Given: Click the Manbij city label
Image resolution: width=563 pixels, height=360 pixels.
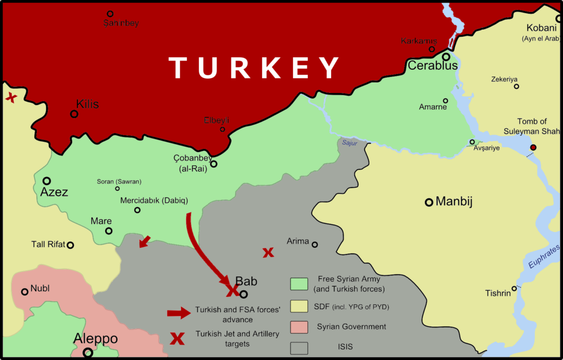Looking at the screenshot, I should [454, 202].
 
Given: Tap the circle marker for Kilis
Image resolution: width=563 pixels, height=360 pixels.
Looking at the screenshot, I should [74, 114].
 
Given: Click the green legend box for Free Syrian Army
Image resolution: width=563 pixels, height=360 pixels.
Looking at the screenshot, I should [299, 284].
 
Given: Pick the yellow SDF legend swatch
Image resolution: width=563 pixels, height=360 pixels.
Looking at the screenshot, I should [299, 306].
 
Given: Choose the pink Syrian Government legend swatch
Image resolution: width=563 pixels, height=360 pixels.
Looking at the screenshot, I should [299, 327].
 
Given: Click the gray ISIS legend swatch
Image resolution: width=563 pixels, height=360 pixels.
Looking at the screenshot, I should [299, 347].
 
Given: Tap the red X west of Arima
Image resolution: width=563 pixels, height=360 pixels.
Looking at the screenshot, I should [268, 252].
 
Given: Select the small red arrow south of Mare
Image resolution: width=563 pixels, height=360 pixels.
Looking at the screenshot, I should [145, 242].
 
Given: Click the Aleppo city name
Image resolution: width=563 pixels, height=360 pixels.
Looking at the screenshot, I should [96, 339].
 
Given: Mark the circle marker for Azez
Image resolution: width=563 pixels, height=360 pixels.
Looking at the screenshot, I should [47, 181].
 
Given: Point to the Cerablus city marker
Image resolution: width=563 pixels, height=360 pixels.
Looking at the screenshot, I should [446, 57].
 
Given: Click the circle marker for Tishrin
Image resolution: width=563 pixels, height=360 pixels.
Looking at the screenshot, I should [514, 288].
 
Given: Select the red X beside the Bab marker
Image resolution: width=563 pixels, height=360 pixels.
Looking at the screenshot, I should [231, 289].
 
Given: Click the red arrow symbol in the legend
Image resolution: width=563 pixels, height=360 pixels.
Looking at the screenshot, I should [179, 313].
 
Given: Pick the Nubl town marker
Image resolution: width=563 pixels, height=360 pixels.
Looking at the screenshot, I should [24, 292].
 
